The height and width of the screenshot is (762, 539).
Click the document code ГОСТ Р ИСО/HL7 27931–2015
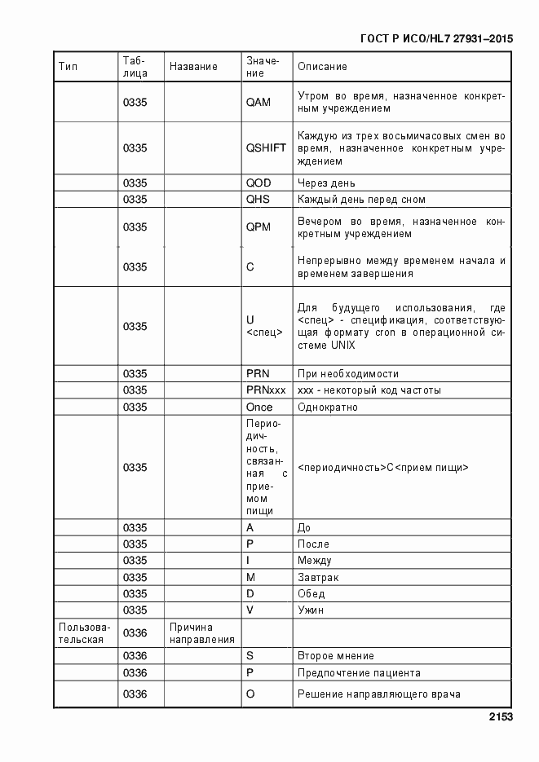[435, 38]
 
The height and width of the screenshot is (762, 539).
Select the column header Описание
[322, 67]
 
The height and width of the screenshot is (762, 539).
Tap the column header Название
[193, 67]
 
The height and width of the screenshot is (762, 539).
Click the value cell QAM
[258, 102]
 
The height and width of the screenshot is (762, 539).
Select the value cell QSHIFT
[266, 148]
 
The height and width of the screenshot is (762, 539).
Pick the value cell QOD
[258, 183]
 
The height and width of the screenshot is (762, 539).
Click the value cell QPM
[258, 227]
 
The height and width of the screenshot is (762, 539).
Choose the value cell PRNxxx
[266, 390]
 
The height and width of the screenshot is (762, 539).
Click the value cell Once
[260, 407]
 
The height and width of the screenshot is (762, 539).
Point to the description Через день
[326, 183]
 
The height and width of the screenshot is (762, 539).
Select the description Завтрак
[318, 577]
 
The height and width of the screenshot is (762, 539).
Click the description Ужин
[312, 610]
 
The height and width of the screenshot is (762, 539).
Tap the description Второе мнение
[336, 656]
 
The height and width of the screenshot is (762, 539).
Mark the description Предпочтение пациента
[359, 673]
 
